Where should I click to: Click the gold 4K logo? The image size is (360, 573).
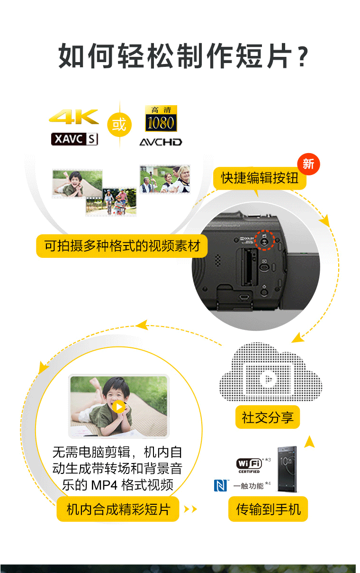[x=74, y=117]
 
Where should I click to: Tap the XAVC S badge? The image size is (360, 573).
[x=74, y=139]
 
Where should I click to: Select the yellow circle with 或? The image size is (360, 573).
[x=119, y=125]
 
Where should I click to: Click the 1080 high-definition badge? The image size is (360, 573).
[x=161, y=118]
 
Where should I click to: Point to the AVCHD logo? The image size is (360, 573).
[x=161, y=142]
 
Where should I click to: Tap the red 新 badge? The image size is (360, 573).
[x=308, y=164]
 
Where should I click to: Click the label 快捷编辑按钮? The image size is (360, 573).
[x=260, y=178]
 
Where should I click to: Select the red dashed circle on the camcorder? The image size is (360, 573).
[x=265, y=240]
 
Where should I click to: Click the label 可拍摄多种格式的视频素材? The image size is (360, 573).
[x=122, y=246]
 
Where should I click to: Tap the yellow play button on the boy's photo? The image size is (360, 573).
[x=119, y=407]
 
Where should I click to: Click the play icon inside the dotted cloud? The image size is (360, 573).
[x=268, y=379]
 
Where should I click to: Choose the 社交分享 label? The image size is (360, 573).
[x=268, y=417]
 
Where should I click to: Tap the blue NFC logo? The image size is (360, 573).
[x=220, y=485]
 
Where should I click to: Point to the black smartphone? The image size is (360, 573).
[x=287, y=469]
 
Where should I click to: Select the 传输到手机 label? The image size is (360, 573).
[x=268, y=509]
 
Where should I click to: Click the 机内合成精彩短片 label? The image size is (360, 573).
[x=118, y=509]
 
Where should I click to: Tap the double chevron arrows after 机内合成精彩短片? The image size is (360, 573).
[x=190, y=509]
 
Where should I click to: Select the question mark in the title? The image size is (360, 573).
[x=303, y=57]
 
